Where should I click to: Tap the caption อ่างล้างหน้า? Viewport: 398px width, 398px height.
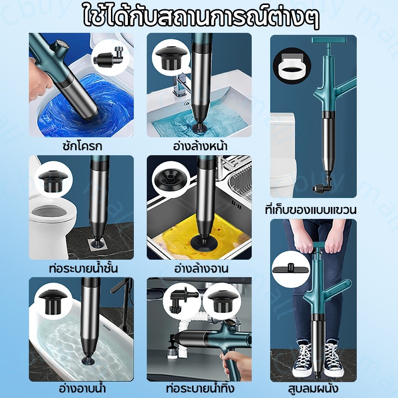coord(200,146)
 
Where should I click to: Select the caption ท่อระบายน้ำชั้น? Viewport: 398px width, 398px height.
coord(84,268)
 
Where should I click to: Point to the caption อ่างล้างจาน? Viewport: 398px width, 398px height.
coord(201,268)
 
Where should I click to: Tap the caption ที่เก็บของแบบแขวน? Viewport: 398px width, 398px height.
coord(310,210)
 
